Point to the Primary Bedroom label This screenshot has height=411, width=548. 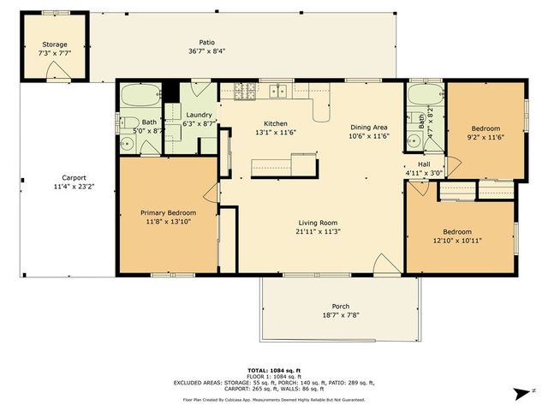click(168, 212)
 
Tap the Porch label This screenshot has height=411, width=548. click(340, 307)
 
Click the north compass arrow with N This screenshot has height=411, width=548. click(520, 394)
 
